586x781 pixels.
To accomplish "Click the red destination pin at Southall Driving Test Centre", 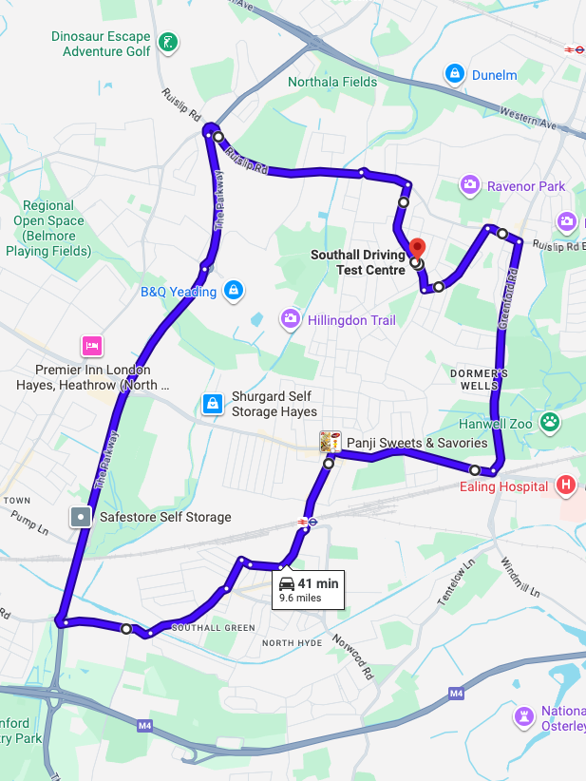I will [415, 247].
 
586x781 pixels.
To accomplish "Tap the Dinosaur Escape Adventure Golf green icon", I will [168, 42].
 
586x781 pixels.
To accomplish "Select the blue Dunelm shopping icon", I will [455, 74].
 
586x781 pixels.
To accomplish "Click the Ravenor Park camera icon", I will [468, 185].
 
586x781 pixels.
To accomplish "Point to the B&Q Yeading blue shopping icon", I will [234, 291].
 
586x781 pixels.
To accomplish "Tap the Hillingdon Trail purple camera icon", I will [290, 319].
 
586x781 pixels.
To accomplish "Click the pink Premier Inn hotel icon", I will [91, 345].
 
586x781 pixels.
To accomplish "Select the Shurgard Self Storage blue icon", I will [212, 405].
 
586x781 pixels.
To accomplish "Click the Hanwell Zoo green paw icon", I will [549, 421].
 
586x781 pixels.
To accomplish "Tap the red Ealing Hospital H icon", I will [566, 486].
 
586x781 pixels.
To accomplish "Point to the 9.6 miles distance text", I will [300, 598].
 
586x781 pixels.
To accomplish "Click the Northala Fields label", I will [332, 82].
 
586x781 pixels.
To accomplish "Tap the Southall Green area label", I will [213, 627].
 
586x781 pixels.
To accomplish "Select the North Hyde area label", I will [293, 643].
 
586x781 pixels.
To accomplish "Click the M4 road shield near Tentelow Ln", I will [456, 695].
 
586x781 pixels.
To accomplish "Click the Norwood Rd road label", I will [350, 657].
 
